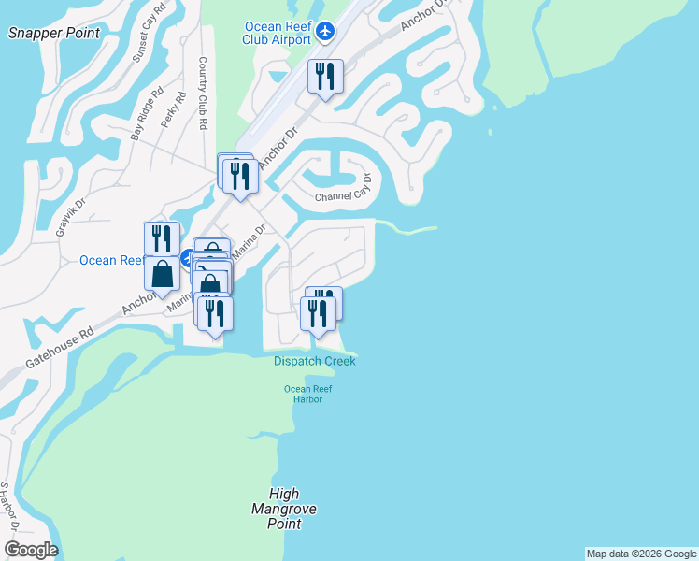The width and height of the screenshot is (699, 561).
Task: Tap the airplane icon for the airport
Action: tap(324, 32)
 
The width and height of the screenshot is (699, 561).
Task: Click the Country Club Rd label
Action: tap(203, 92)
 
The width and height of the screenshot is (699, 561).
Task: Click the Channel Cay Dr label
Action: tap(343, 195)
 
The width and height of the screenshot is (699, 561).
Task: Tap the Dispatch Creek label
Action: tap(314, 361)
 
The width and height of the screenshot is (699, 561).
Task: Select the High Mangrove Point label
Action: tap(284, 509)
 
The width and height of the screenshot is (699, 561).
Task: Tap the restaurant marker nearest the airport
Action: tap(325, 77)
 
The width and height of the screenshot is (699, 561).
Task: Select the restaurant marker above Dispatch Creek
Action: tap(318, 313)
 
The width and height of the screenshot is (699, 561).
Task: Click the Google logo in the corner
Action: tap(31, 550)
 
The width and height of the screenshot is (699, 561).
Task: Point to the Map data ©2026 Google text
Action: tap(641, 554)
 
